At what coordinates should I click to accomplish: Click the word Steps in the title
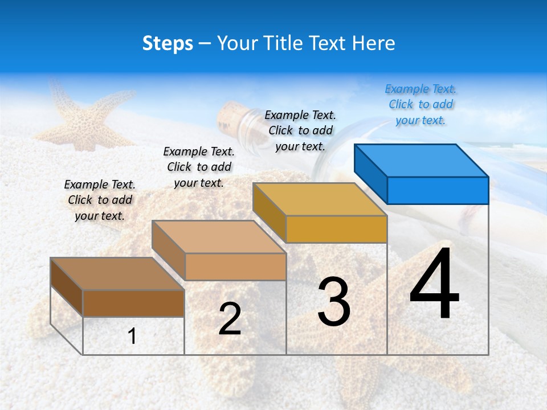(167, 43)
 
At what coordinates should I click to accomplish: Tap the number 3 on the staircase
(333, 302)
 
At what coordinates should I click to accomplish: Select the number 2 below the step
(230, 319)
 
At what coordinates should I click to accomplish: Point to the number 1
(132, 336)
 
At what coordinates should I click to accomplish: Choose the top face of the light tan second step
(219, 237)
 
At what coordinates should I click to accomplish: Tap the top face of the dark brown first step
(117, 274)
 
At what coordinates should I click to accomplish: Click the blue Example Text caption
(421, 105)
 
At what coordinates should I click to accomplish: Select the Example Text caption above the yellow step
(300, 130)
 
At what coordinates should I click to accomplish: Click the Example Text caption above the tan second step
(199, 167)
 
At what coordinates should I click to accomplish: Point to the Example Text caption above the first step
(100, 200)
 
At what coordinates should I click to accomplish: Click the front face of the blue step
(438, 190)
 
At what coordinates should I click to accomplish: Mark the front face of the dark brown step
(133, 303)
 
